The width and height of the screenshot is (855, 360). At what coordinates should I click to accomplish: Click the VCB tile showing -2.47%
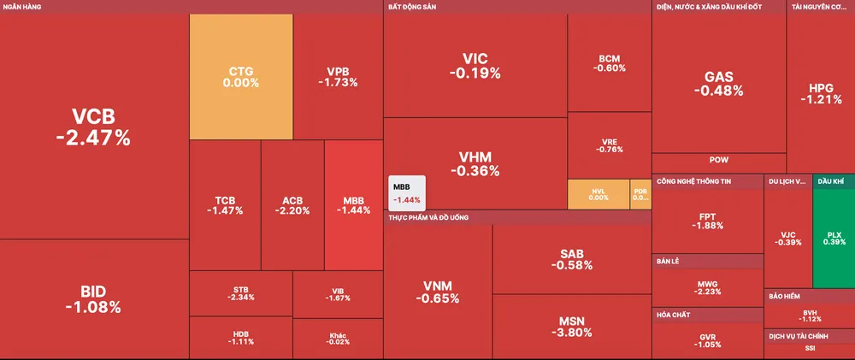93,126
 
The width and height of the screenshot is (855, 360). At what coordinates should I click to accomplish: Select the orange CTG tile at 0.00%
240,77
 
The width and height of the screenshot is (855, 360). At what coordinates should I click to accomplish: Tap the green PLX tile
834,236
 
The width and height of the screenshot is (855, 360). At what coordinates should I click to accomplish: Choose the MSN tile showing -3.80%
571,327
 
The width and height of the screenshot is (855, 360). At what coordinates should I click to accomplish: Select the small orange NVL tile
598,194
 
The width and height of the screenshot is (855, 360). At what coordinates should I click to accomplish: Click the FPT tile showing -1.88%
706,221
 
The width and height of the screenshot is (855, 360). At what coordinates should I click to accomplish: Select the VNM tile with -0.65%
438,292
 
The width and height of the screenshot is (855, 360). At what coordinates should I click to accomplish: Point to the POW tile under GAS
718,160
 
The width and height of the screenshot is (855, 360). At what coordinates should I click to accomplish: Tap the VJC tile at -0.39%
787,236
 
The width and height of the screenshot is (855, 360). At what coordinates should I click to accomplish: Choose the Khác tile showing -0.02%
338,338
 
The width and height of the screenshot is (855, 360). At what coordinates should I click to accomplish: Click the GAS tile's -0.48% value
718,91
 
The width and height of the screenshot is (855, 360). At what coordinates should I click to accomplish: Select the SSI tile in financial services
809,348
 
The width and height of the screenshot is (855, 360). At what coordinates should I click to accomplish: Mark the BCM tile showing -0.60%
610,63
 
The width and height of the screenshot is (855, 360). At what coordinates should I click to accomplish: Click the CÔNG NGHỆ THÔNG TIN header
693,181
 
